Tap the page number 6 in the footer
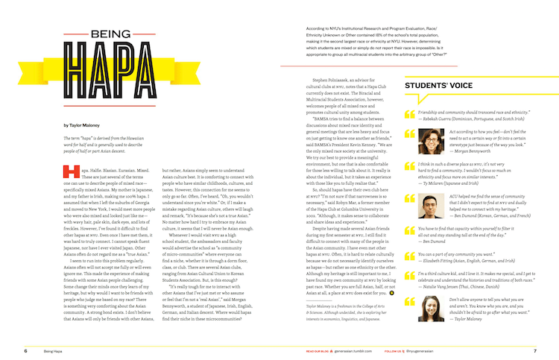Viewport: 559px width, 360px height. point(26,350)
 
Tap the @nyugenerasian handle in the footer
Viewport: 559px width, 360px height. point(424,350)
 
